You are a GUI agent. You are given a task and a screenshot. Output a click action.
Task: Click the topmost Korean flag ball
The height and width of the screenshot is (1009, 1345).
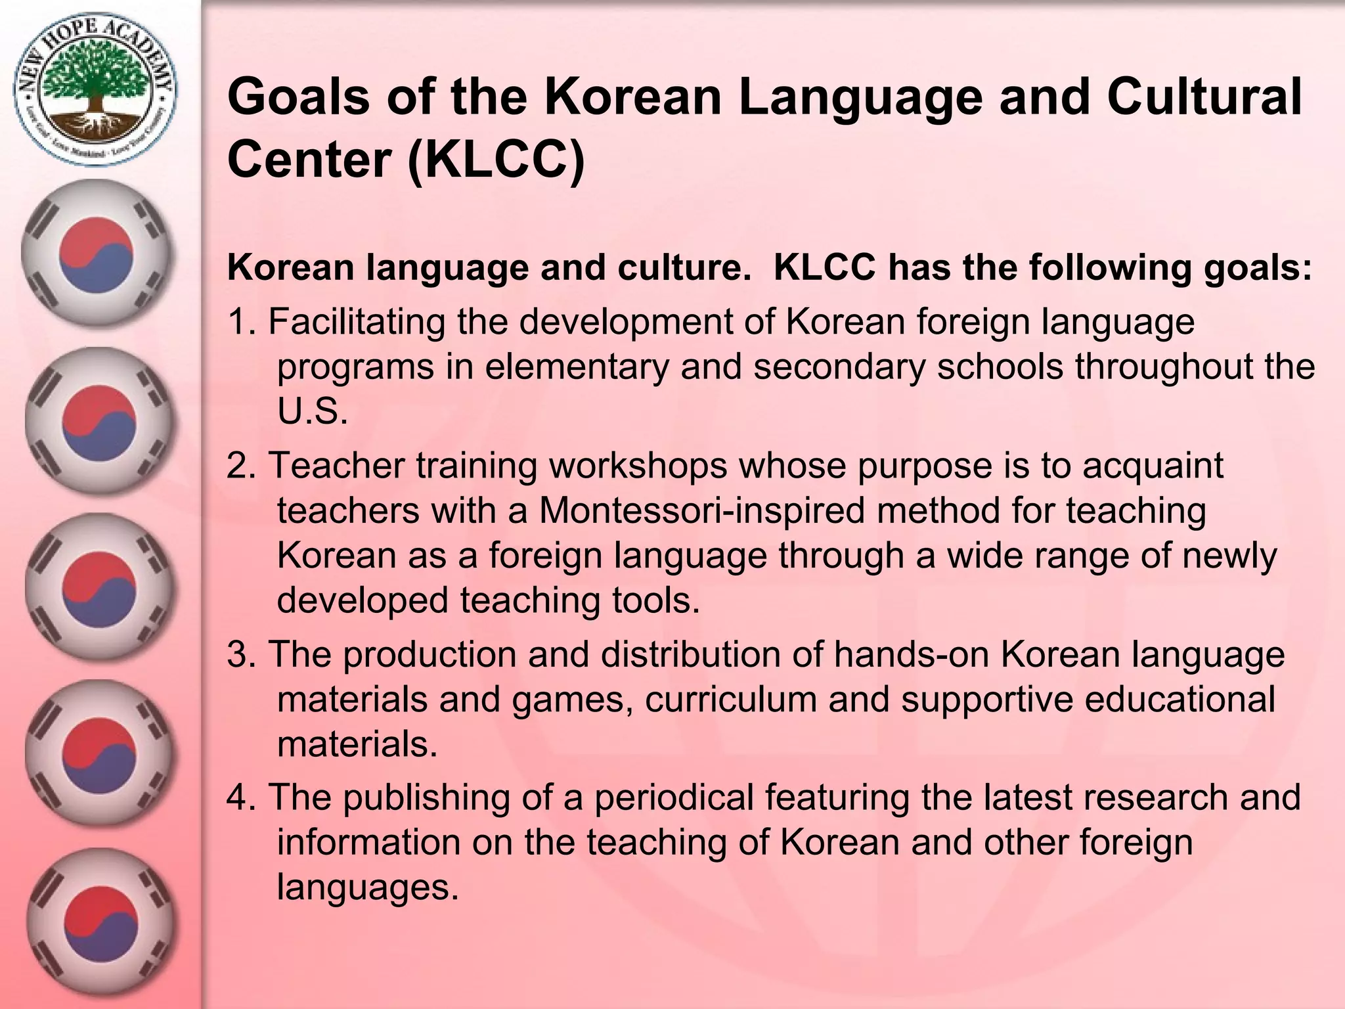[x=97, y=254]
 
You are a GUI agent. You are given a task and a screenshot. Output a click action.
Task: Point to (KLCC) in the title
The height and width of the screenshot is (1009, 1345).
[x=496, y=160]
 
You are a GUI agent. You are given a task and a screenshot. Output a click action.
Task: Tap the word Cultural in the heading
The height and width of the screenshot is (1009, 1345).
[x=1204, y=97]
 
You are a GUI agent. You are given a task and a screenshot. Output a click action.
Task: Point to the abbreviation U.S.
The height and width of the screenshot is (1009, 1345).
[x=312, y=412]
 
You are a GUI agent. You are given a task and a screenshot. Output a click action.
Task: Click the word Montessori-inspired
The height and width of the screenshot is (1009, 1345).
[x=702, y=511]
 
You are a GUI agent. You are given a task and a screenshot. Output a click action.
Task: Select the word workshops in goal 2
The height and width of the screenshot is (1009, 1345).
[x=638, y=466]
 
